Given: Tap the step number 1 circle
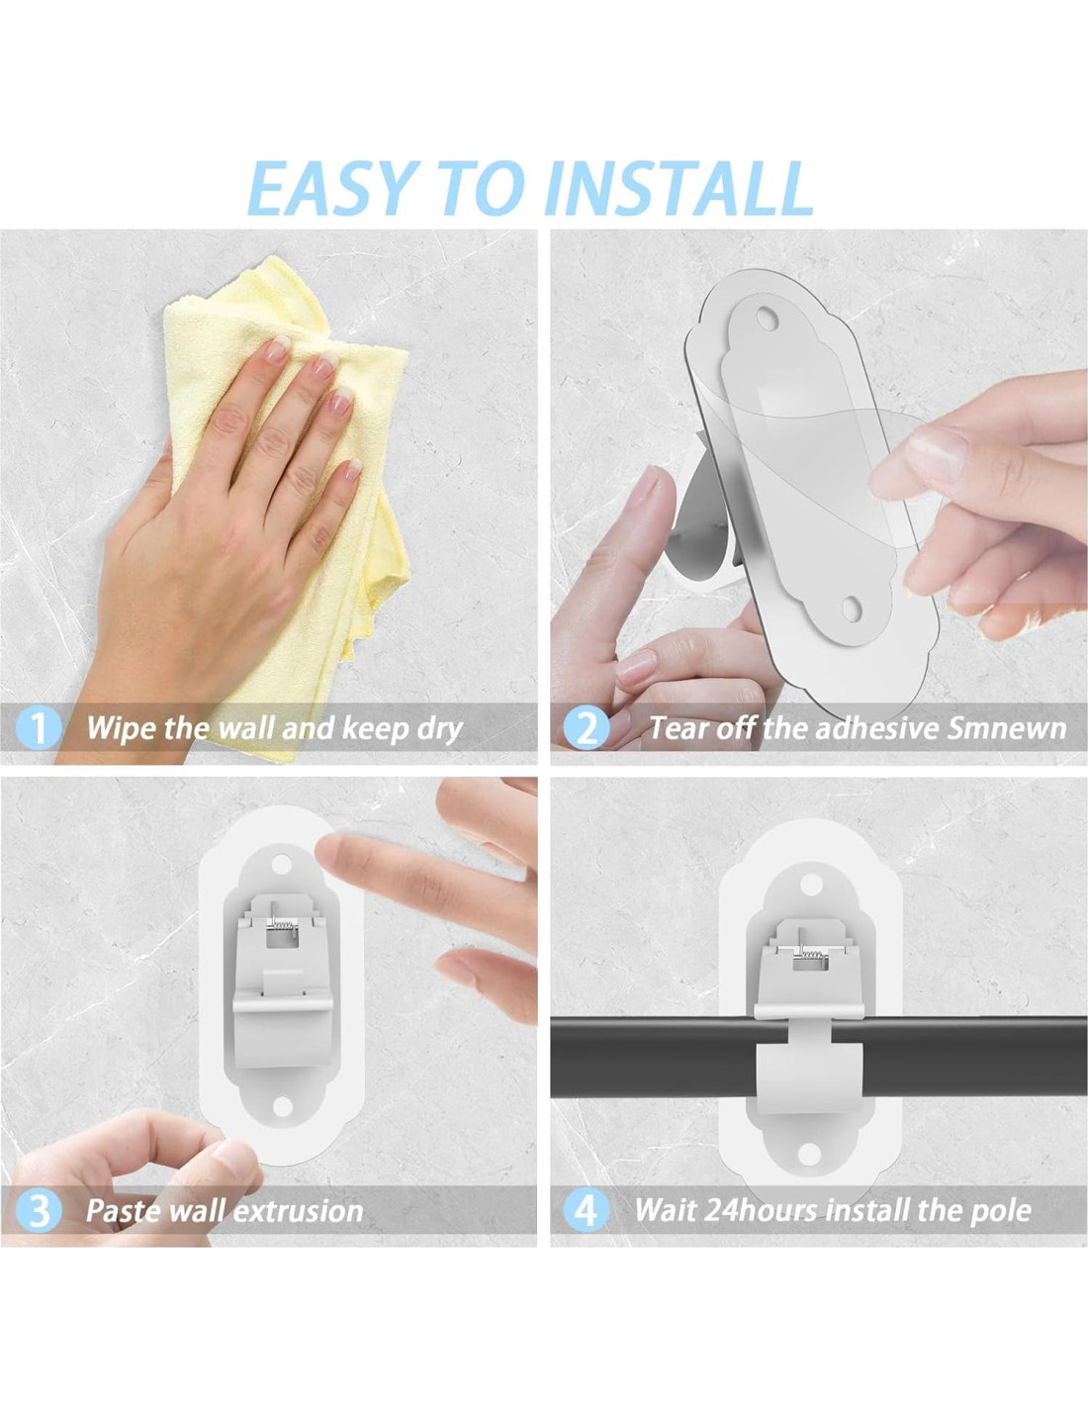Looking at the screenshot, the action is point(39,728).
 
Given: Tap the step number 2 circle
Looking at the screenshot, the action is point(587,728).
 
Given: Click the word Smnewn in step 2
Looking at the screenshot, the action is point(1007,728).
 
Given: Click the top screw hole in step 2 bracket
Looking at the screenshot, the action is point(768,317).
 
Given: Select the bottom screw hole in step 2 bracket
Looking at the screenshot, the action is point(852,607).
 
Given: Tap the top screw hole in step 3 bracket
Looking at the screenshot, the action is point(282,864).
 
